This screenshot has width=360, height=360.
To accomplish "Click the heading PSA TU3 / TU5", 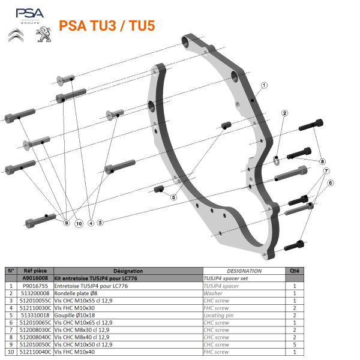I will (107, 26).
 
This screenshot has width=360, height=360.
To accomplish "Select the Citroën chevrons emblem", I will (16, 35).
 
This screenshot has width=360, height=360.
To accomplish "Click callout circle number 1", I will (263, 86).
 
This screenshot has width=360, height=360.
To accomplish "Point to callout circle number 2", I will (285, 113).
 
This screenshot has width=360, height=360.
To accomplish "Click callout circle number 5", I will (173, 197).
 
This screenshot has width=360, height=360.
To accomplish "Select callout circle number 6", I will (330, 182).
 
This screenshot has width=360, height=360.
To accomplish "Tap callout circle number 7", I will (327, 171).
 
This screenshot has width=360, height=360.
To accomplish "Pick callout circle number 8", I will (322, 161).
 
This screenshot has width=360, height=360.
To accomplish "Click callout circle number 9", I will (67, 223).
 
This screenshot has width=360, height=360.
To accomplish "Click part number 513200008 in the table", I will (35, 293).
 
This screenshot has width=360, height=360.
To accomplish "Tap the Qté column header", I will (295, 271).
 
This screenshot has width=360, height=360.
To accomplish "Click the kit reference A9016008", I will (35, 279).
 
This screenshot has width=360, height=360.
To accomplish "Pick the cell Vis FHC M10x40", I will (74, 352).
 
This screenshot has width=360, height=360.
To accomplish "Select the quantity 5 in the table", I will (295, 344).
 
